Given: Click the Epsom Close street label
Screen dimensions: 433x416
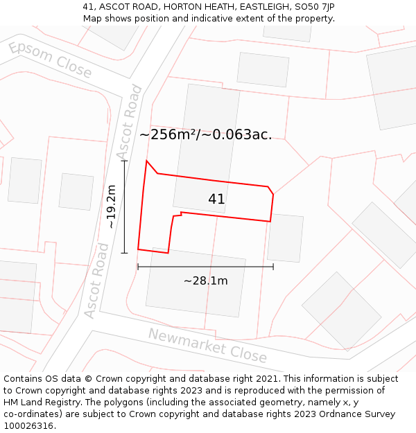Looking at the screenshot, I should (x=50, y=59).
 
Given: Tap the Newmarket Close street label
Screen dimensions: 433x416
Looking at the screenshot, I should (x=207, y=345).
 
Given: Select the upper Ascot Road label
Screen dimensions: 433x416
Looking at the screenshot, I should (x=129, y=122).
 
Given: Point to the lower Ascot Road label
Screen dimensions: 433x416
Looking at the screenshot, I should (x=97, y=281).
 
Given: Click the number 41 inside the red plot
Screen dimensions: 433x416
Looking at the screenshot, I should (x=216, y=200).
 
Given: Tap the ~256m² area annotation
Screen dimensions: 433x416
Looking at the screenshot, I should (x=206, y=134).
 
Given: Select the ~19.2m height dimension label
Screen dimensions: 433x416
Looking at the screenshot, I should (x=111, y=206).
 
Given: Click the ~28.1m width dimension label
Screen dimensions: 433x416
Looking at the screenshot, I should (x=205, y=281).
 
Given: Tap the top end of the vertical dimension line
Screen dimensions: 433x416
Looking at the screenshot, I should (x=125, y=161).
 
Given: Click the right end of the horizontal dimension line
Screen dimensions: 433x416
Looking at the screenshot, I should (x=273, y=266).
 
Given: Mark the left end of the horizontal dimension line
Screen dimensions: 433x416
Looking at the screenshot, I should (x=138, y=266).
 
